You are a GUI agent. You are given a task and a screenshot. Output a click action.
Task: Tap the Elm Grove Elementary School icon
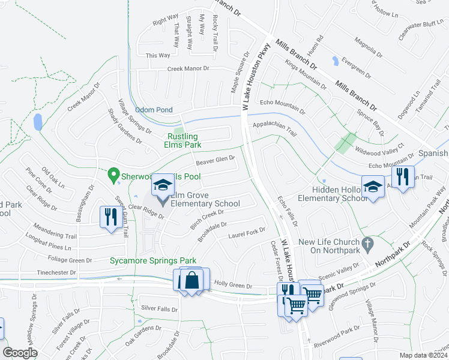(x=162, y=186)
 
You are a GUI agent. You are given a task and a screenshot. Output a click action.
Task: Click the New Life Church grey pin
(x=370, y=245)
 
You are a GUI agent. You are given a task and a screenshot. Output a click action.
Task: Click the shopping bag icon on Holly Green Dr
(x=192, y=280)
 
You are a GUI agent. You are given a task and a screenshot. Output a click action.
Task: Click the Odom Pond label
(x=154, y=110)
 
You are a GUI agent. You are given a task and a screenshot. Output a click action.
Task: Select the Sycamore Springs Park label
(x=153, y=261)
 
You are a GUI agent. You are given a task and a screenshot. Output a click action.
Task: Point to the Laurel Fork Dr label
(x=246, y=232)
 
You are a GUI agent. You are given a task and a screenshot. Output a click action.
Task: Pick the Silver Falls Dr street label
(x=159, y=308)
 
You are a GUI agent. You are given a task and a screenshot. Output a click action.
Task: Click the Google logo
(x=20, y=353)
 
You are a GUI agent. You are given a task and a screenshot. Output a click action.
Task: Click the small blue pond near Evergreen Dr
(x=334, y=61)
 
